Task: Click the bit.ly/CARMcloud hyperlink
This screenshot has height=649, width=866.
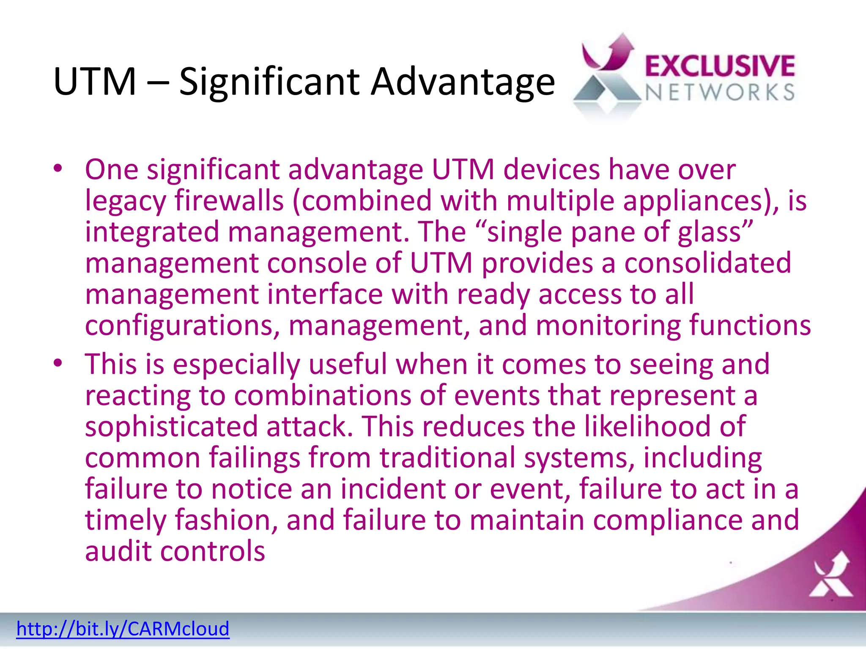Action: click(x=123, y=629)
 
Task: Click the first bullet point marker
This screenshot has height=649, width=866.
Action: click(x=58, y=169)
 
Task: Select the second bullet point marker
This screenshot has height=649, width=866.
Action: click(x=58, y=363)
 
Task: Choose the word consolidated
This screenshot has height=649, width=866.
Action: click(x=707, y=263)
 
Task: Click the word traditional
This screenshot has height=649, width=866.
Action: click(x=447, y=457)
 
